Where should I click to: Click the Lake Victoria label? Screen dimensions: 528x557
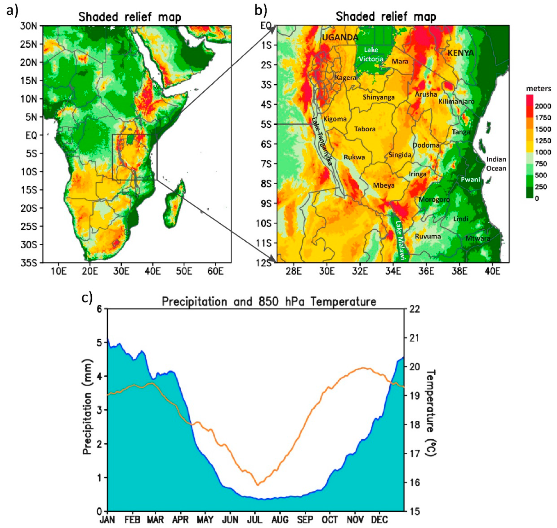370,54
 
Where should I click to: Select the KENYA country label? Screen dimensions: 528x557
461,53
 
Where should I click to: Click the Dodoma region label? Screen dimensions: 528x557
426,145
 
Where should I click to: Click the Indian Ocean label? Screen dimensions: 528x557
496,164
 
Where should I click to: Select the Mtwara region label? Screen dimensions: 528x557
478,238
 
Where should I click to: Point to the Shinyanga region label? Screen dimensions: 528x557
378,97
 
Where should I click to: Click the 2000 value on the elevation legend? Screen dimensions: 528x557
543,106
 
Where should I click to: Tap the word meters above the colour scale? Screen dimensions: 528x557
538,89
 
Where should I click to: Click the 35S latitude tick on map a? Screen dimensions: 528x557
28,263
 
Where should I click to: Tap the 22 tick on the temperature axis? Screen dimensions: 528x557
414,309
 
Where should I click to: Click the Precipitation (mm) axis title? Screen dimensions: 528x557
88,407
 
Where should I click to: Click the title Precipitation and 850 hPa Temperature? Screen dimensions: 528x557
269,302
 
